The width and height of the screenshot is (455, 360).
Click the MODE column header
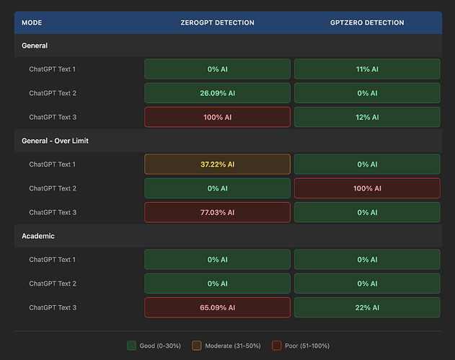(x=32, y=23)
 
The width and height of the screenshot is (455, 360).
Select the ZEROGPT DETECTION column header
(x=217, y=23)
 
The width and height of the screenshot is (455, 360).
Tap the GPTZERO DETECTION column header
(x=367, y=23)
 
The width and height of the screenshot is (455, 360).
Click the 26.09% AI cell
(x=217, y=93)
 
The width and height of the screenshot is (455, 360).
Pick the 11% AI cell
(x=367, y=69)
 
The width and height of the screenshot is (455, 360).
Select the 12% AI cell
(x=367, y=117)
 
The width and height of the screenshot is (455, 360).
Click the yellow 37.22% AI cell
(x=217, y=164)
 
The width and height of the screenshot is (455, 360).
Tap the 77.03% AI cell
(x=217, y=212)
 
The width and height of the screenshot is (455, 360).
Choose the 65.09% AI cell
(x=217, y=307)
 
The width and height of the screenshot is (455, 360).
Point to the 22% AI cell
(x=367, y=307)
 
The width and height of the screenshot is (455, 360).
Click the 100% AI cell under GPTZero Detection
(x=367, y=188)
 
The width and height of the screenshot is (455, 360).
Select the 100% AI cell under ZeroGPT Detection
(x=217, y=117)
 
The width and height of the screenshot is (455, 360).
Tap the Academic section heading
(x=38, y=236)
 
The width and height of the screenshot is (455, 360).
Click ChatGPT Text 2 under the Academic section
(x=52, y=284)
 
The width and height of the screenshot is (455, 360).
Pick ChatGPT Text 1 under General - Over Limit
(x=52, y=164)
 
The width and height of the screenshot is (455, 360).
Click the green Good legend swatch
(x=131, y=346)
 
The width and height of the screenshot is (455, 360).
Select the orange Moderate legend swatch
(x=196, y=346)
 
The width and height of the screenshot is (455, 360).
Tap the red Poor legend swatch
(x=277, y=346)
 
